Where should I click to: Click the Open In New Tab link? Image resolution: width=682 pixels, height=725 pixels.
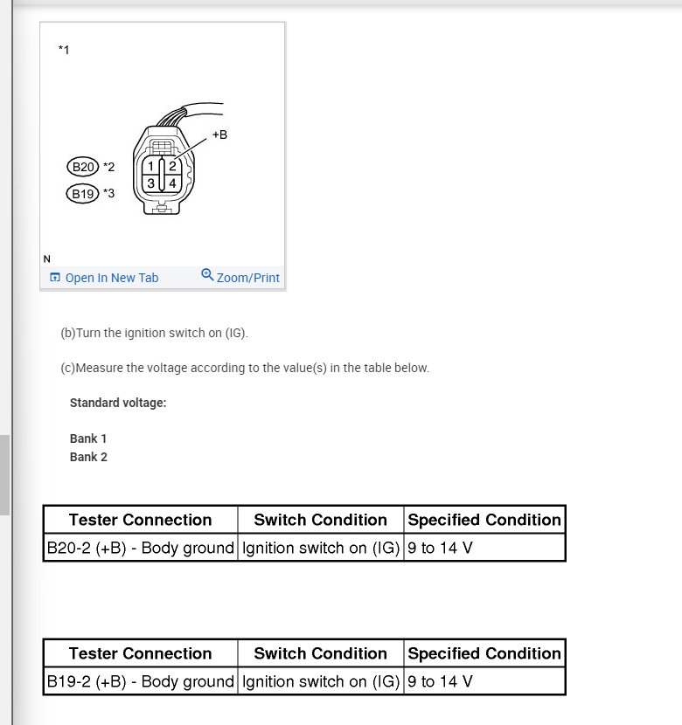105,278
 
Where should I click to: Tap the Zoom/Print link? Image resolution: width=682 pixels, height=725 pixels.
240,277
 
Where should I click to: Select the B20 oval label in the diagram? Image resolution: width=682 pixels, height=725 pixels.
83,167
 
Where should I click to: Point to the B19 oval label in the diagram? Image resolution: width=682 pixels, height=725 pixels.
83,194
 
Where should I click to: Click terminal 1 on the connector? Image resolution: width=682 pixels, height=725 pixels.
151,166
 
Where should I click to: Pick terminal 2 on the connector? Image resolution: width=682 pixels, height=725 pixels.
172,166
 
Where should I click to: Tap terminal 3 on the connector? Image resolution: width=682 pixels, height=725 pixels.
151,183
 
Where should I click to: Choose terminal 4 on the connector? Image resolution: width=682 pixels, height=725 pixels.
172,183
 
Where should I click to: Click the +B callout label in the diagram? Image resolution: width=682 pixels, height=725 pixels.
219,135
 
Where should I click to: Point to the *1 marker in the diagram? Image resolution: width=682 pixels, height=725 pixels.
64,50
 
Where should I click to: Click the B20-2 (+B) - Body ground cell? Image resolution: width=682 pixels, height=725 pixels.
141,548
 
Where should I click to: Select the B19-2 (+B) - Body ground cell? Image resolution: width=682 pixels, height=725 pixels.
141,681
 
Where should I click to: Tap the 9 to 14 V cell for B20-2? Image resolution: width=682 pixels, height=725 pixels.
484,548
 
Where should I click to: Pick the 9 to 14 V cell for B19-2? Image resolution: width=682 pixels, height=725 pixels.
484,681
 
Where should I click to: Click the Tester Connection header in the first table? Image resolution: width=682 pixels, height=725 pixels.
141,520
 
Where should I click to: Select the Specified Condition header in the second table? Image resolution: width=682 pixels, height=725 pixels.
484,653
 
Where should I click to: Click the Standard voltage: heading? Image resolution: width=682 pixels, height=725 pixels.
118,403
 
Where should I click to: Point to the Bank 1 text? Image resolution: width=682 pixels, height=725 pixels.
88,438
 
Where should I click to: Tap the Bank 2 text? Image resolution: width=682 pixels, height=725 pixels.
88,457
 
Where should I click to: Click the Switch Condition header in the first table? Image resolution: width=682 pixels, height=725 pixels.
320,520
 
